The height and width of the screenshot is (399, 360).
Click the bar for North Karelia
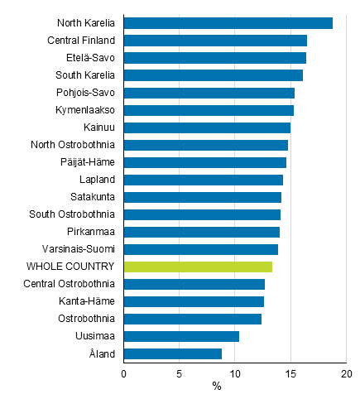click(x=228, y=23)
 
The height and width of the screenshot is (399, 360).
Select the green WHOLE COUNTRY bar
click(x=198, y=267)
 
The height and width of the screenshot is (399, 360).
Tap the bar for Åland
click(x=172, y=353)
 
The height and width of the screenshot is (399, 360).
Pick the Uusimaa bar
click(x=181, y=336)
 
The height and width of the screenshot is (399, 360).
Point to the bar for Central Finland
click(x=215, y=41)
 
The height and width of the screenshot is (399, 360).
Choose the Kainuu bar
click(x=207, y=127)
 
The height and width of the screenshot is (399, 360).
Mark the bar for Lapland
click(x=203, y=180)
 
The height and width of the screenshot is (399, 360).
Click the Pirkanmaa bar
click(x=201, y=232)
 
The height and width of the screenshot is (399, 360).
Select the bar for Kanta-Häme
click(x=194, y=301)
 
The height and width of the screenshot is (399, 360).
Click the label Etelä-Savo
click(x=91, y=58)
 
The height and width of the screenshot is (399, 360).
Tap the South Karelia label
click(x=85, y=75)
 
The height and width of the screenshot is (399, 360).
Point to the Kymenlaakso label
click(x=85, y=110)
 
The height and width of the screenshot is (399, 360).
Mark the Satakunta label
click(x=92, y=197)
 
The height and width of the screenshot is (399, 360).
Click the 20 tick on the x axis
click(x=346, y=373)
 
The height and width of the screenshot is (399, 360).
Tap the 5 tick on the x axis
click(x=179, y=373)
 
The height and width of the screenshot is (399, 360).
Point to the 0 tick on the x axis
click(x=123, y=373)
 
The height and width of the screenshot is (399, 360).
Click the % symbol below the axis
click(x=217, y=387)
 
